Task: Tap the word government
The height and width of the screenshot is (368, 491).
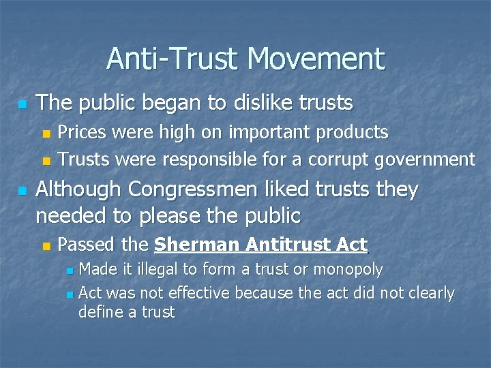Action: pyautogui.click(x=426, y=160)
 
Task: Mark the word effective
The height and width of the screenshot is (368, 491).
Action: pyautogui.click(x=194, y=293)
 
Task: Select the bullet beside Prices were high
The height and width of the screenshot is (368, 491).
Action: pyautogui.click(x=46, y=133)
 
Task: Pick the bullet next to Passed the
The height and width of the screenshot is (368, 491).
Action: pyautogui.click(x=46, y=245)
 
